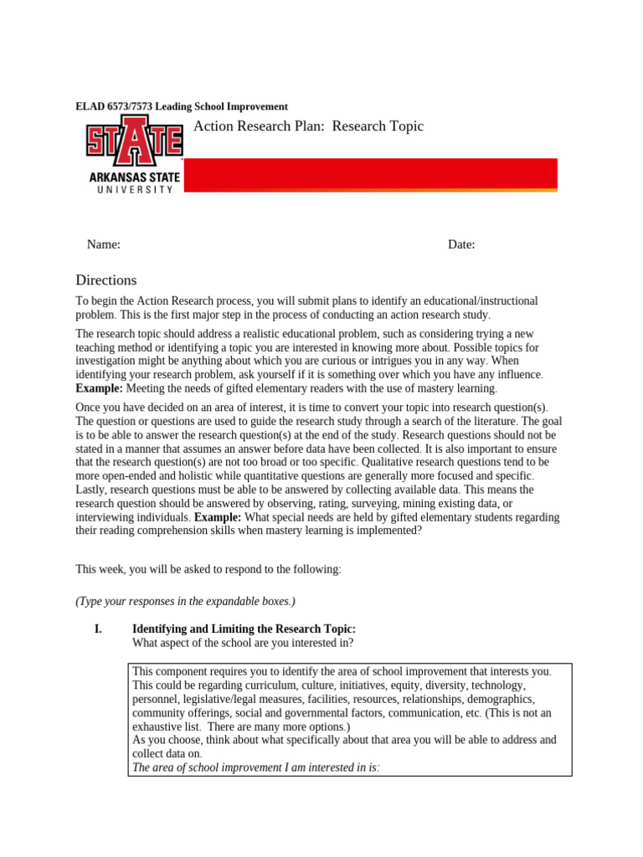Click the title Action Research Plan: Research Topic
coord(308,126)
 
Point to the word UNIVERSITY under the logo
coord(132,189)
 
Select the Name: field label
coord(104,244)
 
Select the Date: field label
coord(461,244)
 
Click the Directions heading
coord(105,280)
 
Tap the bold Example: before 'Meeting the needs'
coord(100,388)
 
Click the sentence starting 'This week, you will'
coord(208,569)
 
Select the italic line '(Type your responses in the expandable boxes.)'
coord(185,601)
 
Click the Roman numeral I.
coord(98,629)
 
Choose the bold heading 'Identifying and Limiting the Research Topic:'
coord(244,629)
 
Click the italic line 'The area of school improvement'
coord(256,767)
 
